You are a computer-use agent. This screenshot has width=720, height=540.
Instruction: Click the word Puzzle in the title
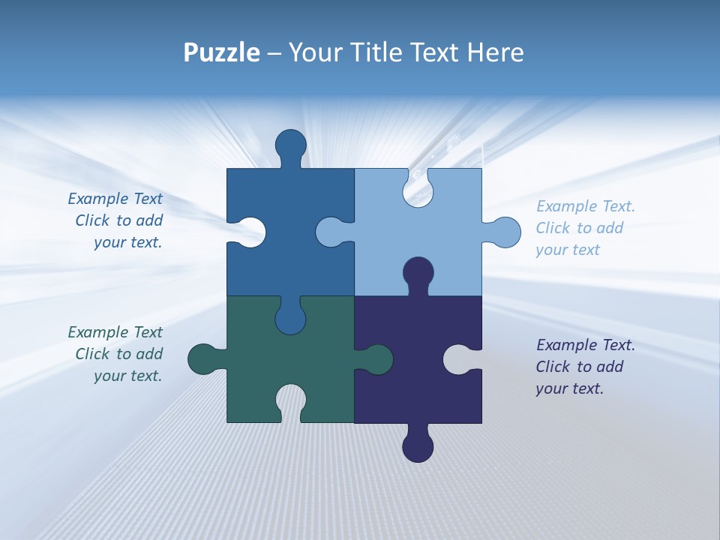pos(222,52)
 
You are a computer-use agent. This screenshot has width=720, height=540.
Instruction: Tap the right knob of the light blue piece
pos(505,232)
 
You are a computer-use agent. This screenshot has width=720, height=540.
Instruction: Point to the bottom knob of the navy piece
pos(418,446)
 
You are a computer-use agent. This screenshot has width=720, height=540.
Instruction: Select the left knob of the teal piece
pos(203,359)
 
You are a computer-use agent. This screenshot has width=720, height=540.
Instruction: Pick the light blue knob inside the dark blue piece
pos(331,232)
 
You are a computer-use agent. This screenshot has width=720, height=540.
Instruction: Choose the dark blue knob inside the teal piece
pos(290,319)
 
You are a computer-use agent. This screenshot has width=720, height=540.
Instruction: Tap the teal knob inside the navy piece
pos(377,359)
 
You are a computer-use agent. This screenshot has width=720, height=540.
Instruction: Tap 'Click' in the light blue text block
pos(553,228)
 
